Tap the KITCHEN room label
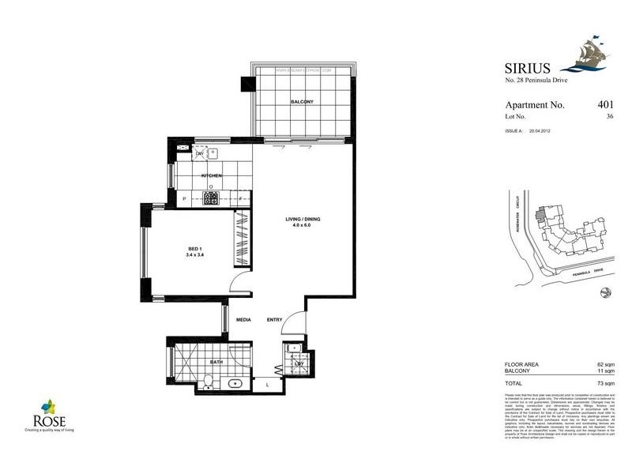click(210, 175)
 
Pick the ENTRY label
click(275, 320)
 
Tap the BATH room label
click(216, 363)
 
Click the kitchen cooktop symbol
click(212, 197)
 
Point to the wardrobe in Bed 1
click(240, 245)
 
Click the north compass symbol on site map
click(604, 294)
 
